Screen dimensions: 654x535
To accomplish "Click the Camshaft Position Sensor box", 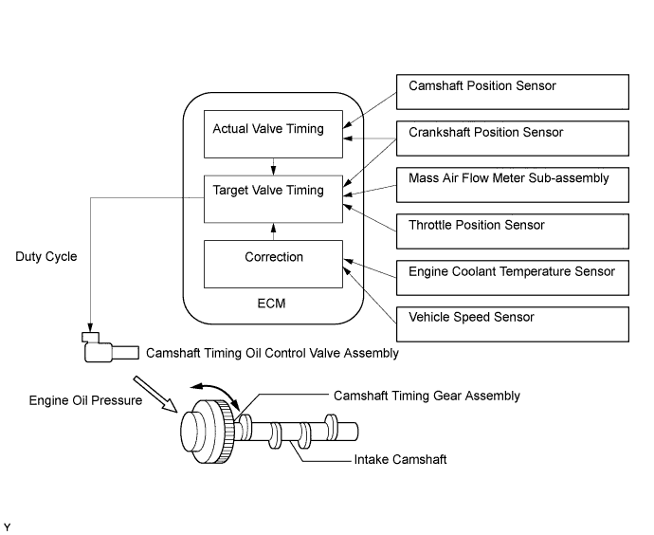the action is coord(512,92).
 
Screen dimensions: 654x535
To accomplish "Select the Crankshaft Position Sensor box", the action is coord(512,138).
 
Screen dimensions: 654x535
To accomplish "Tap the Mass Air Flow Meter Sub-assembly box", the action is coord(512,185).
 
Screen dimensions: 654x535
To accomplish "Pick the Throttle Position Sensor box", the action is coord(512,231).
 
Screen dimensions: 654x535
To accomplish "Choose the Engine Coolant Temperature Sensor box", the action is coord(512,278).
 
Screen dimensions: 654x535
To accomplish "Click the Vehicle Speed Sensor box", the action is coord(512,324).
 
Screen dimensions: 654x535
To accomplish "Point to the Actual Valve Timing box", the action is coord(273,134).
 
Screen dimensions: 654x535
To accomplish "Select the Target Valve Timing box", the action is coord(273,199).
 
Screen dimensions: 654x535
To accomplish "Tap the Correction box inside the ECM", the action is coord(273,264).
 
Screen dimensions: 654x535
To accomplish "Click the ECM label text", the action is coord(271,303).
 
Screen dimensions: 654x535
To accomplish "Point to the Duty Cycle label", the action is coord(46,256).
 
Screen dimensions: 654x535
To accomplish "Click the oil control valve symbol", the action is coord(111,347).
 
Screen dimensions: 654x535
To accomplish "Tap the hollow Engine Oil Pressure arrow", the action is coord(155,395).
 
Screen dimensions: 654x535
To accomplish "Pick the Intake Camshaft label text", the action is coord(400,459).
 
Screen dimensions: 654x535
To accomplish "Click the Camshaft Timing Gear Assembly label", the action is coord(427,396).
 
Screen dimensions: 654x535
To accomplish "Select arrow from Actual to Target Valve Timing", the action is coord(273,167).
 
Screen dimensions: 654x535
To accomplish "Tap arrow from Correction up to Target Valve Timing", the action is coord(273,231).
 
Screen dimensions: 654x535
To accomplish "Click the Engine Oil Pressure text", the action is coord(85,400).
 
